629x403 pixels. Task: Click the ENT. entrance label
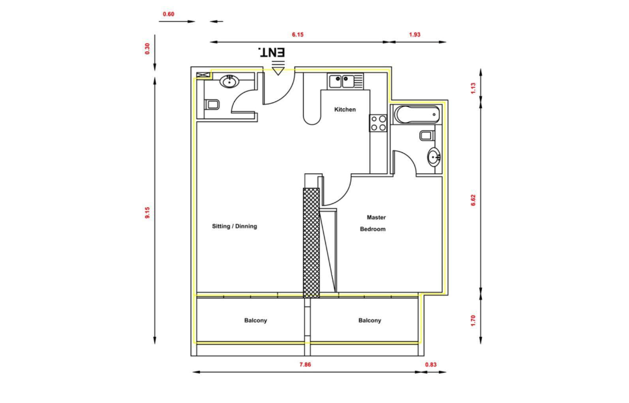[x=272, y=52]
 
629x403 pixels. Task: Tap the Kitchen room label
[x=345, y=109]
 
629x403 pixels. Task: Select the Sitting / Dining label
[x=234, y=227]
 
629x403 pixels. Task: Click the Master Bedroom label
[x=373, y=223]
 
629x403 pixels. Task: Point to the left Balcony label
[x=255, y=321]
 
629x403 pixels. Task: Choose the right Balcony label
[x=370, y=321]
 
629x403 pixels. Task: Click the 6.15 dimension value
[x=298, y=35]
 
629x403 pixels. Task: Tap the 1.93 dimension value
[x=415, y=35]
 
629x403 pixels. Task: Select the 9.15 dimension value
[x=147, y=212]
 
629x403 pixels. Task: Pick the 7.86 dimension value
[x=305, y=365]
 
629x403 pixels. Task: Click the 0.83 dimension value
[x=431, y=365]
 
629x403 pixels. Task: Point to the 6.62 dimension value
[x=474, y=200]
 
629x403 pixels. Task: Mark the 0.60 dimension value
[x=169, y=14]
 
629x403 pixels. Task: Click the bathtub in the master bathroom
[x=417, y=115]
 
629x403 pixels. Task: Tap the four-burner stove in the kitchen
[x=378, y=123]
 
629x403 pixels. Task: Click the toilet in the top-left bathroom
[x=212, y=105]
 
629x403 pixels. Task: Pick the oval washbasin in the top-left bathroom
[x=230, y=81]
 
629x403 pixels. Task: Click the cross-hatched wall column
[x=311, y=243]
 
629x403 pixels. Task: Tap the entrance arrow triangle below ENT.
[x=277, y=71]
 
